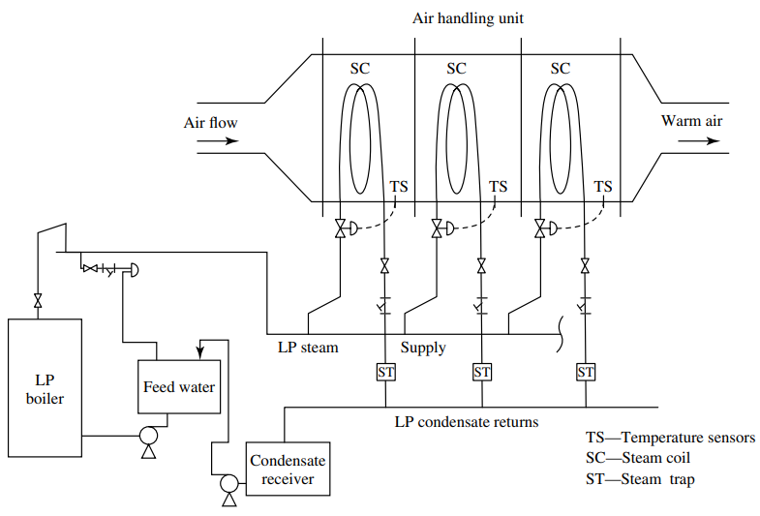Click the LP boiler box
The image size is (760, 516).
pos(45,385)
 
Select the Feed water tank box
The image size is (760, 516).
pos(179,387)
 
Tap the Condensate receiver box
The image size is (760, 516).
pos(288,469)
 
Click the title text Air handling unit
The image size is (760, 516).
pos(467,17)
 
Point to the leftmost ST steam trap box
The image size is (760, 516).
pos(385,371)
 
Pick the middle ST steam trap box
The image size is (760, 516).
pos(481,371)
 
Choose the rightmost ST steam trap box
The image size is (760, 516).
pos(586,371)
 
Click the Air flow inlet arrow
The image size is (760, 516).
pos(217,140)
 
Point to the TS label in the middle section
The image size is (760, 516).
pos(498,187)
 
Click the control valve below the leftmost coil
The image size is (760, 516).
pos(341,229)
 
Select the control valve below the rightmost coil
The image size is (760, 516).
pos(540,229)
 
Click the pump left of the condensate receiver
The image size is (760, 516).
pos(228,482)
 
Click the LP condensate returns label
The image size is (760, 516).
pos(466,422)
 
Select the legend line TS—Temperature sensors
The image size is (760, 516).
pos(670,439)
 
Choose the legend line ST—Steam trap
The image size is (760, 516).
pos(640,478)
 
